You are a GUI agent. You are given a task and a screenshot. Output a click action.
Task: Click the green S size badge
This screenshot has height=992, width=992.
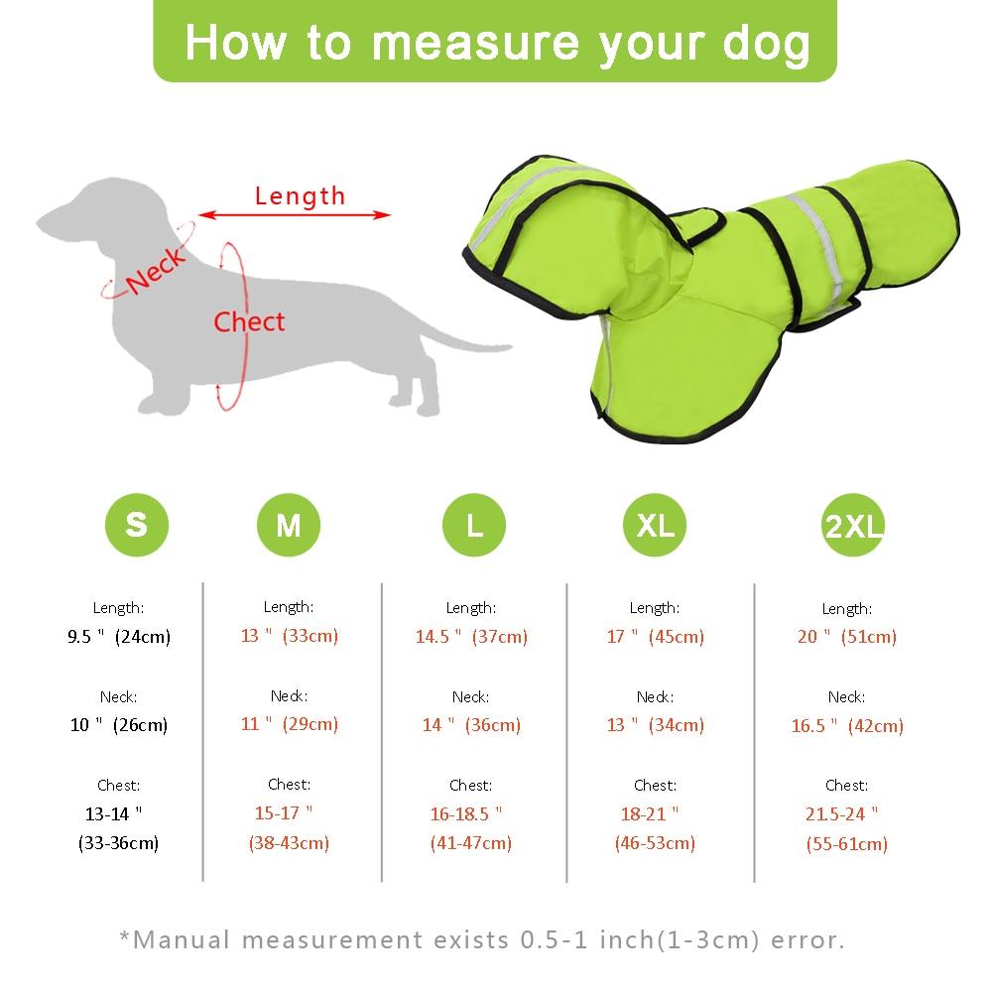pyautogui.click(x=137, y=525)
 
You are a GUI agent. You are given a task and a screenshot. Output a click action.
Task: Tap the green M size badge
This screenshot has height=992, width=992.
pyautogui.click(x=289, y=525)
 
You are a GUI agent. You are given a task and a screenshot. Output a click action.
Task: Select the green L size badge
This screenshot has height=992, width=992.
pyautogui.click(x=474, y=525)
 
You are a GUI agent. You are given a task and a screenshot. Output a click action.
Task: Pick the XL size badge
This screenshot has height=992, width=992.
pyautogui.click(x=655, y=525)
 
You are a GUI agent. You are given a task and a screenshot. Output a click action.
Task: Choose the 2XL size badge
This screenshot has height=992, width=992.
pyautogui.click(x=853, y=525)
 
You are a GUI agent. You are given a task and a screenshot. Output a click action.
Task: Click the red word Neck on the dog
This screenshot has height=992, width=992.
pyautogui.click(x=156, y=271)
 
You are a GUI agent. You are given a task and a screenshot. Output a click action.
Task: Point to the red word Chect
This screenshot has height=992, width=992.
pyautogui.click(x=249, y=322)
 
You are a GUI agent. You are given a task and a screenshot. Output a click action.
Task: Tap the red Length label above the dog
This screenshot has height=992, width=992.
pyautogui.click(x=300, y=196)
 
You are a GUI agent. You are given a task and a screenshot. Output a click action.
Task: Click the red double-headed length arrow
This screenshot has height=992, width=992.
pyautogui.click(x=295, y=215)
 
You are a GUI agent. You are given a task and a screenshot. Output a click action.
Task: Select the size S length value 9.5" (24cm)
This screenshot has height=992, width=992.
pyautogui.click(x=119, y=636)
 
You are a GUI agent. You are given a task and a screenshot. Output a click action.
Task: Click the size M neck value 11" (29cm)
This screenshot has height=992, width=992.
pyautogui.click(x=289, y=723)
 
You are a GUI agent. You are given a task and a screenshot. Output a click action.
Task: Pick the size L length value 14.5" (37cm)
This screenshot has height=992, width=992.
pyautogui.click(x=471, y=636)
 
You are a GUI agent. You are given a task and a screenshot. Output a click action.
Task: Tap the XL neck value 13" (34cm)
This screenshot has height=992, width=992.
pyautogui.click(x=656, y=724)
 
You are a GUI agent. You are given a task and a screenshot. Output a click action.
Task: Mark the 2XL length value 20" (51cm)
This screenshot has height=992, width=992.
pyautogui.click(x=847, y=636)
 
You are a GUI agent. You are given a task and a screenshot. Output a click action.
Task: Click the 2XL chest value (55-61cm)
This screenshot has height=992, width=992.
pyautogui.click(x=847, y=843)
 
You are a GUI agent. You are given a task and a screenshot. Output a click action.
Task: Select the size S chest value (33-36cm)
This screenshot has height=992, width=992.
pyautogui.click(x=118, y=842)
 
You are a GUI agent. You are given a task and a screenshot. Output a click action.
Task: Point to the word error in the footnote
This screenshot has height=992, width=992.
pyautogui.click(x=807, y=940)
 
